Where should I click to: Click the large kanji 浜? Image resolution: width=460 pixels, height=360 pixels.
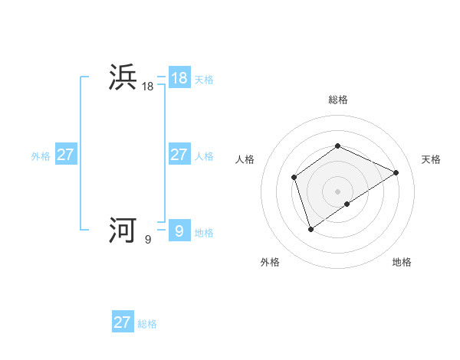123,77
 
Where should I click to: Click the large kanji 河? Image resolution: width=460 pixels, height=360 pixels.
123,230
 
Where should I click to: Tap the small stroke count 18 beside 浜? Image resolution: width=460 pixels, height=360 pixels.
148,87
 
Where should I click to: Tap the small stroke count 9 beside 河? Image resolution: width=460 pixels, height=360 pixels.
148,240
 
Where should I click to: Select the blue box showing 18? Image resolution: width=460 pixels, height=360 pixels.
179,77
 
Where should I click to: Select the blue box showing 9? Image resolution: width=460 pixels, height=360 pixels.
179,230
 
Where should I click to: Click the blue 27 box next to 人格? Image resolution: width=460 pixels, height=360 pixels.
179,154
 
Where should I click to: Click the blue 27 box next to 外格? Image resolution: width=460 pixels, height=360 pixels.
65,154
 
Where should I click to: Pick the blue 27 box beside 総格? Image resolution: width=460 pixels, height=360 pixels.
122,322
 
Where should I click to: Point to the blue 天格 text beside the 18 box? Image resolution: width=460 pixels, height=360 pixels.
204,79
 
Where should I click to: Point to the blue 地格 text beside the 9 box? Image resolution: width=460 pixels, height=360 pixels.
204,232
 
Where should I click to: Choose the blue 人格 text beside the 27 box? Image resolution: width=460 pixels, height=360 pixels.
204,155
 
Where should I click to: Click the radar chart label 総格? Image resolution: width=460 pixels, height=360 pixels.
337,100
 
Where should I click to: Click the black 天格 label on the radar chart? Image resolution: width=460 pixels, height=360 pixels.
431,159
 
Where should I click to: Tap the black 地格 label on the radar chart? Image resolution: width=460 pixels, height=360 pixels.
402,262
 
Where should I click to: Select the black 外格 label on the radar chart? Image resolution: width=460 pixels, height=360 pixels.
270,262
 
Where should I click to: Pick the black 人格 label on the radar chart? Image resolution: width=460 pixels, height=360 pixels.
245,159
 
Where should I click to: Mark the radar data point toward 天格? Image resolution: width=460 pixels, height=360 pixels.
396,172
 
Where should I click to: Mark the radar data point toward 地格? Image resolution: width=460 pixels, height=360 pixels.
347,204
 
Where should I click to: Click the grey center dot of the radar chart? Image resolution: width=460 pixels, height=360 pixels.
337,191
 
